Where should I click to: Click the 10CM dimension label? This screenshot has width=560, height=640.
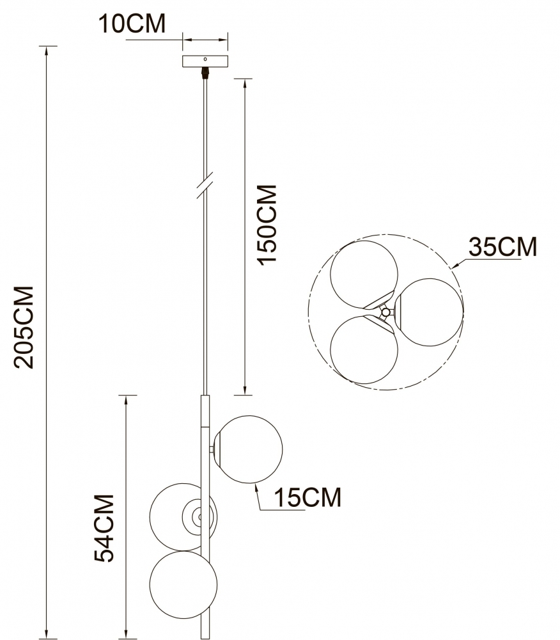pyautogui.click(x=132, y=23)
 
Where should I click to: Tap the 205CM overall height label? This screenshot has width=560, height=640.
pyautogui.click(x=24, y=327)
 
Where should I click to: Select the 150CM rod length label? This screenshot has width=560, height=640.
pyautogui.click(x=267, y=225)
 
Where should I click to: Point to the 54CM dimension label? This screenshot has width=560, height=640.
pyautogui.click(x=104, y=528)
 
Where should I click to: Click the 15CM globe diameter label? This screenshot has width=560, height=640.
pyautogui.click(x=307, y=497)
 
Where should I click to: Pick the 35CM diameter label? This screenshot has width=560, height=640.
pyautogui.click(x=502, y=246)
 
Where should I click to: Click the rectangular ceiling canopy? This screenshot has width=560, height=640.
pyautogui.click(x=205, y=61)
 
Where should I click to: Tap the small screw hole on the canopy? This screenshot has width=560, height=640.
pyautogui.click(x=205, y=59)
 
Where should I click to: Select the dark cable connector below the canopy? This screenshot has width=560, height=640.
pyautogui.click(x=205, y=72)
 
